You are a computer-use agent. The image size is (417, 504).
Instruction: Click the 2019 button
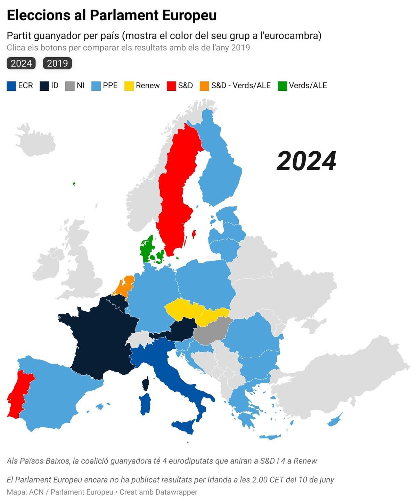pos(57,63)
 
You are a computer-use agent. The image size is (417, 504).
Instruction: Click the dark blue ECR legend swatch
pos(11,86)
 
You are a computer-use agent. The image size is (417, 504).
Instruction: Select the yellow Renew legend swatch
pos(129,86)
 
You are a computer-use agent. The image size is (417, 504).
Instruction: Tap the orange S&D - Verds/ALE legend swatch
pos(204,86)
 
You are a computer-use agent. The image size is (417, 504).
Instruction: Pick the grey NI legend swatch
pos(70,86)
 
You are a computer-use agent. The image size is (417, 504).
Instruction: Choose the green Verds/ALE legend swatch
pos(282,86)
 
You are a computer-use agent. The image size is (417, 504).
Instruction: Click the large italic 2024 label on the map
pos(306,161)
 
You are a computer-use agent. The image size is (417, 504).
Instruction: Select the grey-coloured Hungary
pos(211,332)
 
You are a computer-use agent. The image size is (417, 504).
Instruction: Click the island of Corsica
pos(146,383)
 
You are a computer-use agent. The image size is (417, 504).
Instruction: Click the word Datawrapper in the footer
pos(176,492)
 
